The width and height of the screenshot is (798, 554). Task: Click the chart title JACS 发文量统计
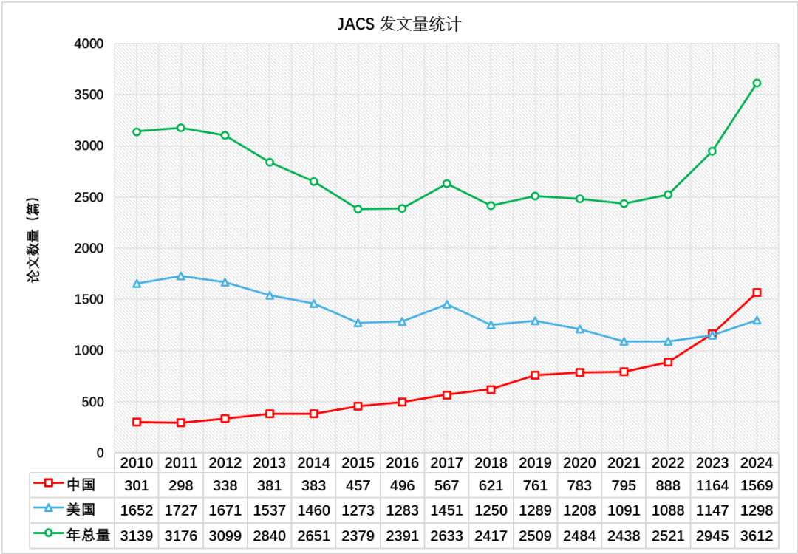(399, 24)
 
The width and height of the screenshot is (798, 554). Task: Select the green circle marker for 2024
(757, 83)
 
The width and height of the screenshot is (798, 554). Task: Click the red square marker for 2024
(757, 293)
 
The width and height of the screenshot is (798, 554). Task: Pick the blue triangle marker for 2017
(446, 304)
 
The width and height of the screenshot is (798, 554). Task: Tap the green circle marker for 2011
(180, 128)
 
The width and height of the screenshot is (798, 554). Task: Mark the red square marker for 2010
(137, 422)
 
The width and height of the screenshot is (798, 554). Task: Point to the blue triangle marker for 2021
(624, 341)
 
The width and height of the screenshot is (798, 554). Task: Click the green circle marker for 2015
(358, 209)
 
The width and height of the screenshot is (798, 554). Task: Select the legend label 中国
(81, 485)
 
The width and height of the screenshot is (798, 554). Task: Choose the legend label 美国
(81, 510)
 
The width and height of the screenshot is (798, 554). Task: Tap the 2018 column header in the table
(491, 463)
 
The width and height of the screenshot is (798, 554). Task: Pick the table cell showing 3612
(757, 534)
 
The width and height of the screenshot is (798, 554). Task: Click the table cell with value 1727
(180, 510)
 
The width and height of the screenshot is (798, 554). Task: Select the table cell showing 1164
(712, 485)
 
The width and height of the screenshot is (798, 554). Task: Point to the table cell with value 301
(137, 485)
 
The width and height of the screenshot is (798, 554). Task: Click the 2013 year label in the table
(269, 463)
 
